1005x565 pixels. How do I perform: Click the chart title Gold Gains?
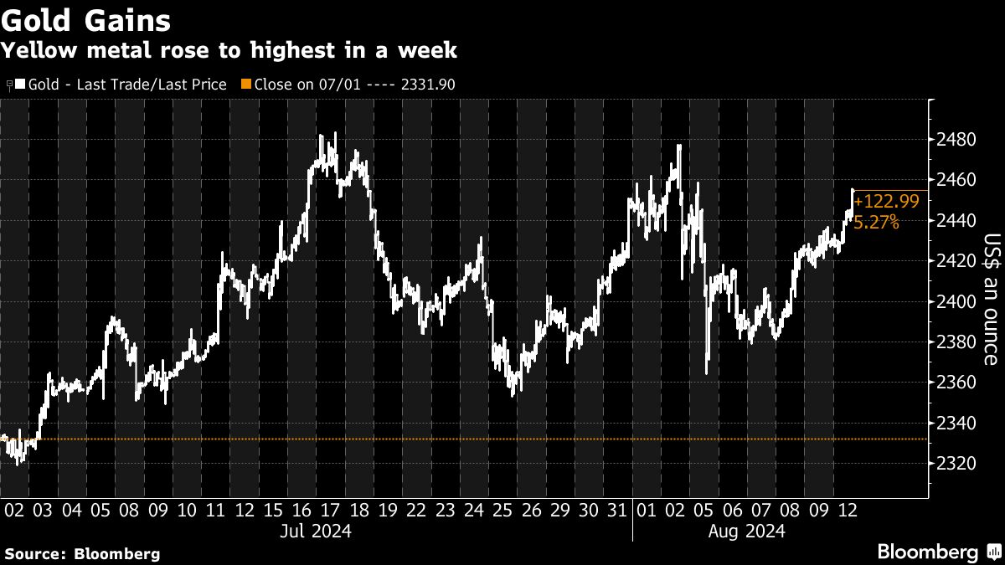click(86, 19)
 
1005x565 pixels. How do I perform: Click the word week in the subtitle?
click(430, 50)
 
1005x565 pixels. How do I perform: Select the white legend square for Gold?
click(20, 85)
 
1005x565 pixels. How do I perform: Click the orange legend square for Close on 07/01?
click(245, 85)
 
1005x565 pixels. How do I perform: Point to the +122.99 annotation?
click(886, 201)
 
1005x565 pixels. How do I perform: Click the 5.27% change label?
click(877, 223)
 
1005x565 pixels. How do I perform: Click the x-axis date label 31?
click(617, 510)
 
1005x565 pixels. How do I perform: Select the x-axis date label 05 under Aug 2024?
click(704, 510)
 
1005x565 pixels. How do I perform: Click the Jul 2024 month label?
click(317, 531)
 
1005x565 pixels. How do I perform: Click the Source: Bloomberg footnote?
click(82, 553)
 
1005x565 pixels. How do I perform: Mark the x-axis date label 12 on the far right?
click(848, 510)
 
